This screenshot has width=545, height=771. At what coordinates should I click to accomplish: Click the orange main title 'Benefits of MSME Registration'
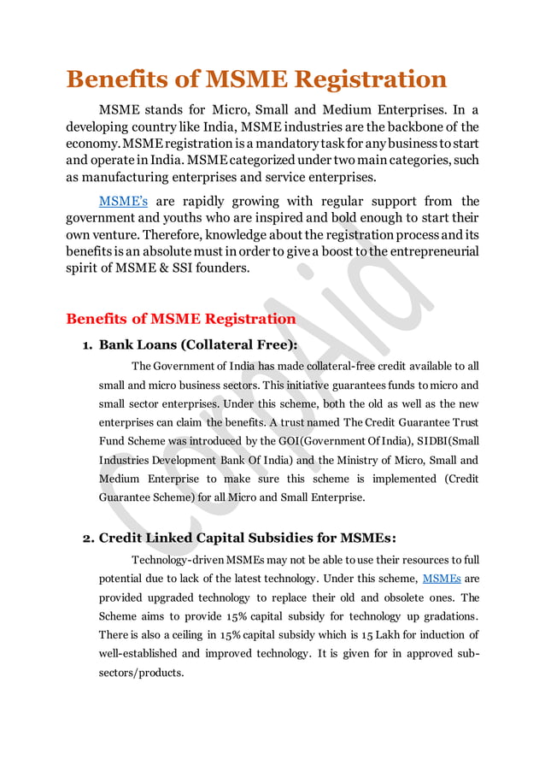click(x=256, y=79)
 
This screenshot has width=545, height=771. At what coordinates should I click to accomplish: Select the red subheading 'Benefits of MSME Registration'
click(x=181, y=319)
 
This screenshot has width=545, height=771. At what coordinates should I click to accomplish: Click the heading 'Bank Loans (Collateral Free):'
click(x=198, y=345)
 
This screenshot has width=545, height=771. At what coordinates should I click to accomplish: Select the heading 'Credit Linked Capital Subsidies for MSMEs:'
click(x=248, y=538)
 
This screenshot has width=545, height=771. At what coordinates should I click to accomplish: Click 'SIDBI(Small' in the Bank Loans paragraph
click(x=444, y=440)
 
